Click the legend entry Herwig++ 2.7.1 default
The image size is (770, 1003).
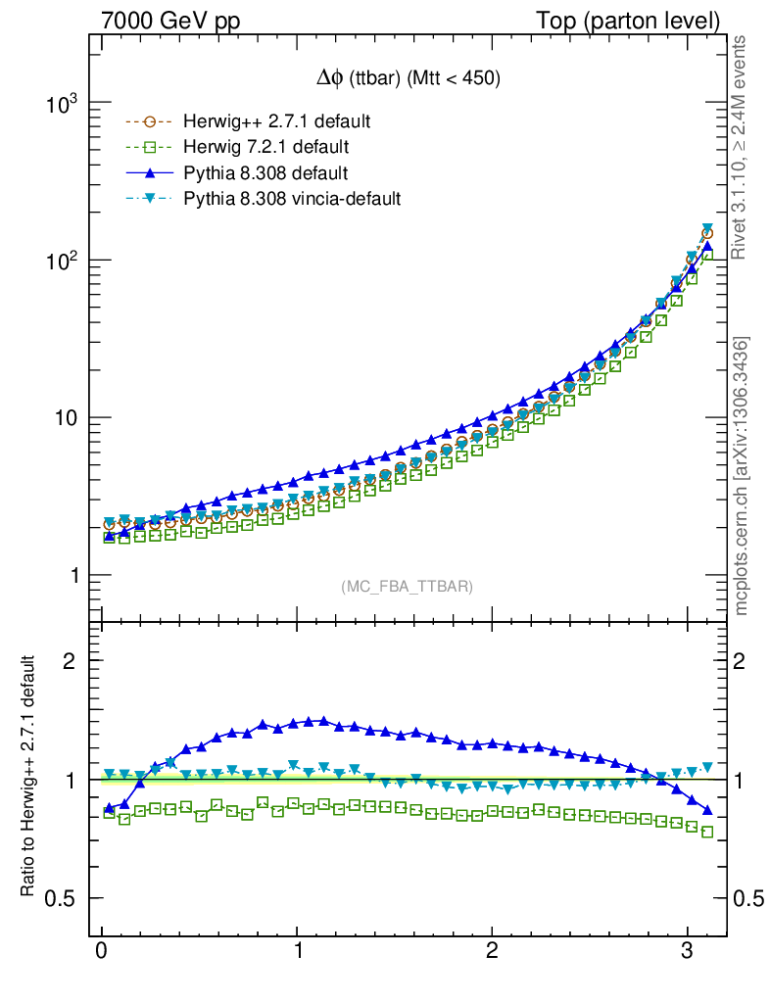[275, 122]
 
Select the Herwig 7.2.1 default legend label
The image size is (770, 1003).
[265, 148]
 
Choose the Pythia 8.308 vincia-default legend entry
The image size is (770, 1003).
[292, 199]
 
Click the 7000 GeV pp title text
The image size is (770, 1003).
[170, 21]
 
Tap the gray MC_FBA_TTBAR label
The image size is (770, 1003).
[408, 587]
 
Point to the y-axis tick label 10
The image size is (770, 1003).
[65, 418]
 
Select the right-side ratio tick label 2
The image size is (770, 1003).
[747, 661]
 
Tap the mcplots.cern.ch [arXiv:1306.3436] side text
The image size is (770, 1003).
[742, 475]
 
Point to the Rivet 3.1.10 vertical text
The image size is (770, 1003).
[742, 147]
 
